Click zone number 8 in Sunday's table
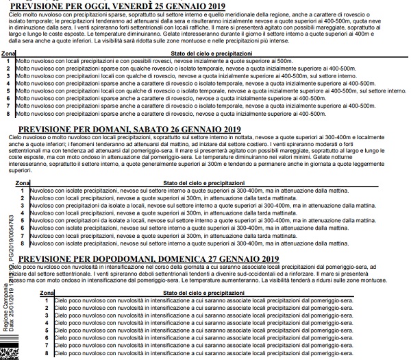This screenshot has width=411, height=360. tap(46, 352)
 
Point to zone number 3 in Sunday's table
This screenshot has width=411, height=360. tap(46, 315)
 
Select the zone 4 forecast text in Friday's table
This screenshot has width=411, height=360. tap(171, 82)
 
